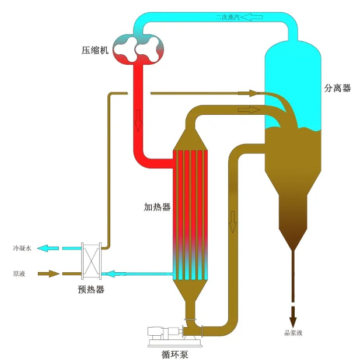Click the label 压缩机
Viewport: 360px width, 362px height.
(95, 50)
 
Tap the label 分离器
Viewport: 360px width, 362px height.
(337, 88)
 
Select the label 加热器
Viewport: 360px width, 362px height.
(157, 207)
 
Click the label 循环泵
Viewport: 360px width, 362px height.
(174, 353)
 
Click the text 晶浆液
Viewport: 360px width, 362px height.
(293, 333)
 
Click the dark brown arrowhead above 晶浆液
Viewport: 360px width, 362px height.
(293, 320)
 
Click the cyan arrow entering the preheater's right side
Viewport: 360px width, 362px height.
(114, 273)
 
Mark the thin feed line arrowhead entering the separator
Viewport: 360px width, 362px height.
(253, 93)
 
